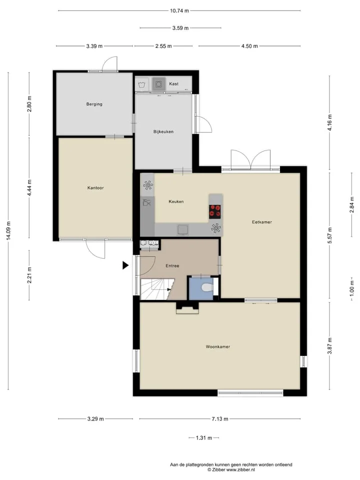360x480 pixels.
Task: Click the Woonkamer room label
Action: point(217,346)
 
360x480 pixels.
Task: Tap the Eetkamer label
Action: point(261,222)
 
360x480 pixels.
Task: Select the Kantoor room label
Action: point(95,187)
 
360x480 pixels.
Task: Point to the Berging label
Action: point(94,104)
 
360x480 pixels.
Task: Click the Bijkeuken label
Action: point(163,131)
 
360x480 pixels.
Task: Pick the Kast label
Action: point(173,83)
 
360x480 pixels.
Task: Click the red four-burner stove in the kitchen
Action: point(215,211)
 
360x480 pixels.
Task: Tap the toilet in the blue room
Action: point(207,288)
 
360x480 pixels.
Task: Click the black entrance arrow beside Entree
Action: point(125,265)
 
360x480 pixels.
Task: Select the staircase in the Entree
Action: point(156,289)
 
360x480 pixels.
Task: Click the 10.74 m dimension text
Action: point(179,10)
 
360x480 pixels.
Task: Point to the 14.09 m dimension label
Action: point(8,230)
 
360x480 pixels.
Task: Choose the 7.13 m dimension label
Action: point(220,419)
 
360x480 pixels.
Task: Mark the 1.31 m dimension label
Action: point(204,438)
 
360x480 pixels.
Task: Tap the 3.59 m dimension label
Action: point(180,28)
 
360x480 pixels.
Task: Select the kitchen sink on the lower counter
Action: point(183,229)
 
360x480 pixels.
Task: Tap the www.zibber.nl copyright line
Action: point(231,469)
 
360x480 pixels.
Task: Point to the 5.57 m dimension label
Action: point(329,235)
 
